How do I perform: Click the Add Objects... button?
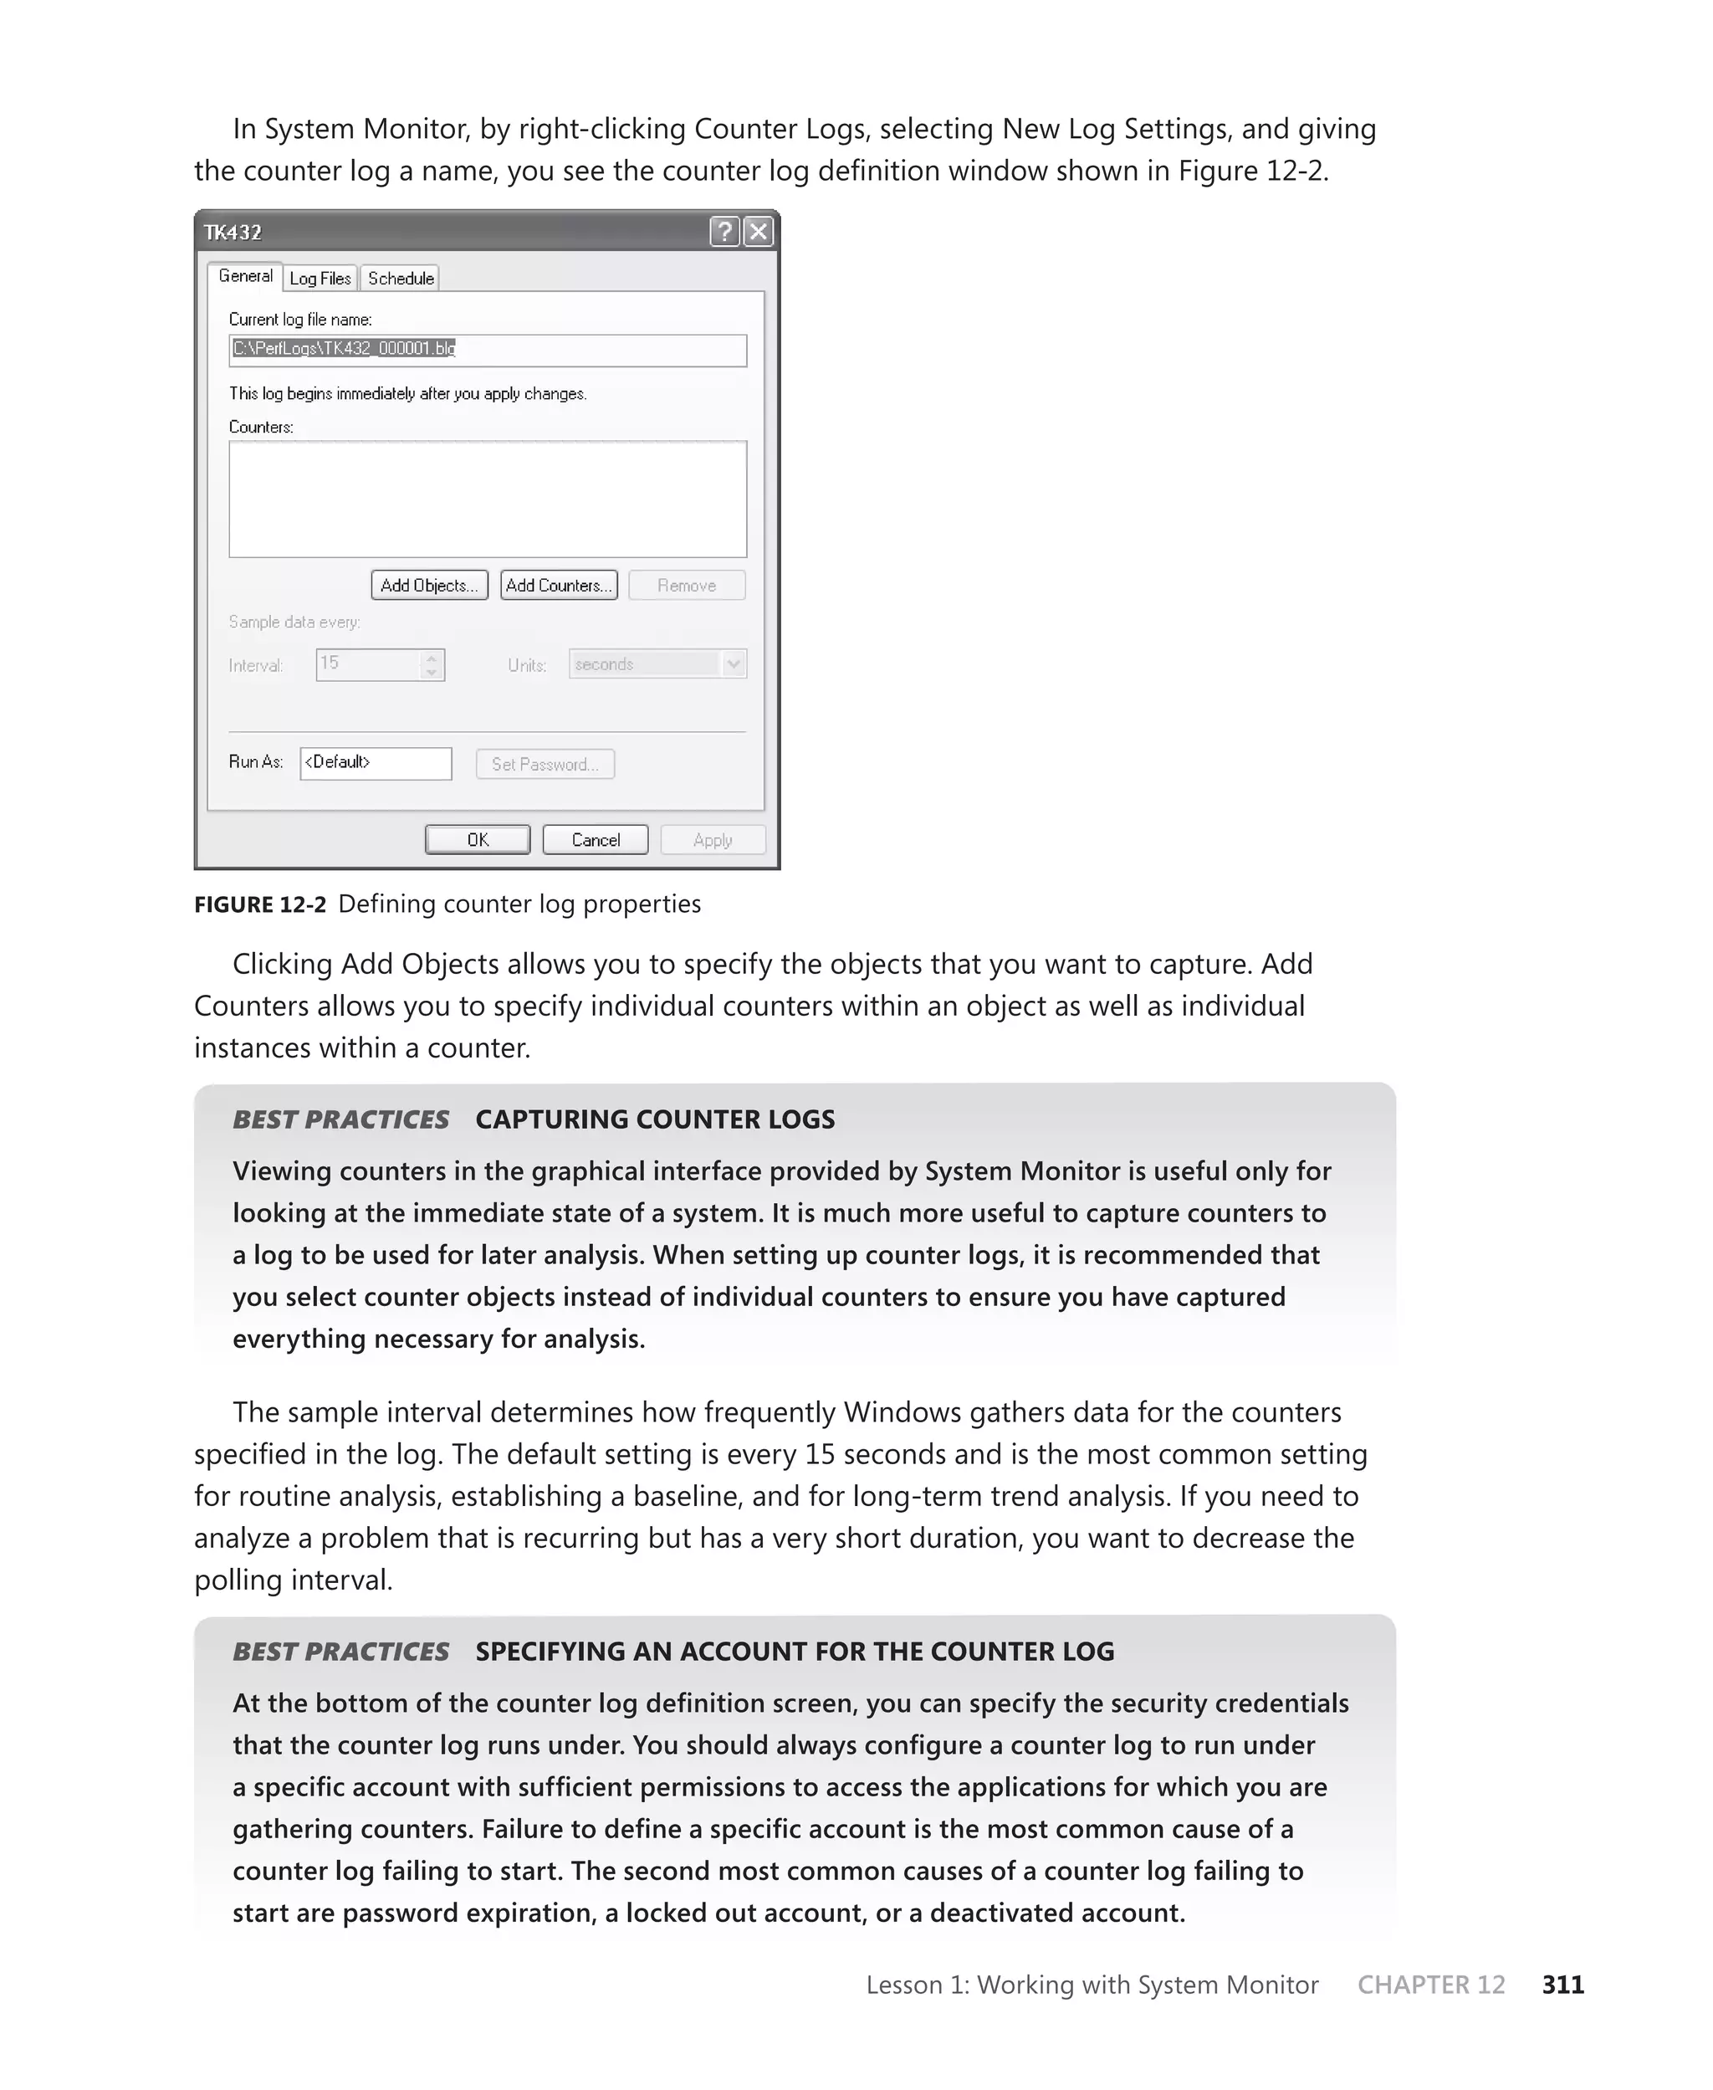[x=429, y=585]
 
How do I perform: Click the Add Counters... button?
[x=559, y=585]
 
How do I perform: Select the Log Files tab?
[x=320, y=279]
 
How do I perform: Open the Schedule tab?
[x=400, y=279]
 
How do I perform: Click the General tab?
[x=245, y=276]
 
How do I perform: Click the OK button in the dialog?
[x=478, y=840]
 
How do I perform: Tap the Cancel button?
[x=595, y=840]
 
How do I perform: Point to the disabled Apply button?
[x=713, y=840]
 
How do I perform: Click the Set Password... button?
[x=545, y=764]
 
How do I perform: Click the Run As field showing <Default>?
[x=375, y=763]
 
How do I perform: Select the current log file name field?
[x=488, y=350]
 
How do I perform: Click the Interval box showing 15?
[x=370, y=664]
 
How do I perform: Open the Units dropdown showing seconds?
[x=657, y=664]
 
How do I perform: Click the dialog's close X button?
[x=758, y=232]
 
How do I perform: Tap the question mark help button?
[x=724, y=232]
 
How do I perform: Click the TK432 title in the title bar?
[x=233, y=233]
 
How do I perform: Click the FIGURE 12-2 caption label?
[x=259, y=904]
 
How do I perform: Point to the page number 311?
[x=1563, y=1985]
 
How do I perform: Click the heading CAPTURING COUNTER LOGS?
[x=654, y=1119]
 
